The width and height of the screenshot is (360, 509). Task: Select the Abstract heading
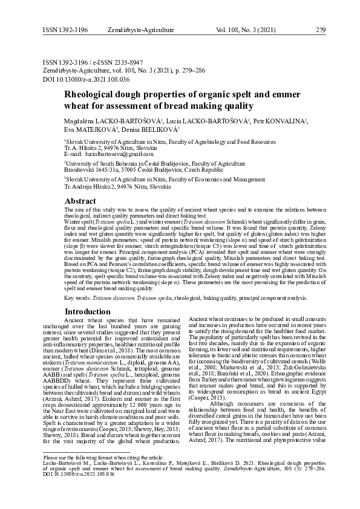click(80, 201)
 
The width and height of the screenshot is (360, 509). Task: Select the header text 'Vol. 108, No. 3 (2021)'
click(247, 29)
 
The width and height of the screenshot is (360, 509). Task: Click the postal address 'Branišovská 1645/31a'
click(93, 170)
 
